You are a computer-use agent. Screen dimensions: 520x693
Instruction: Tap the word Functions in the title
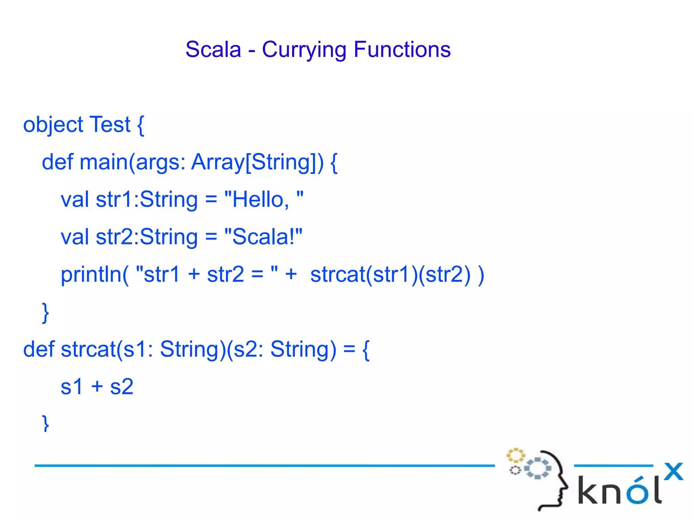(402, 49)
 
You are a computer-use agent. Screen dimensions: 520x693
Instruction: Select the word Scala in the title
(213, 49)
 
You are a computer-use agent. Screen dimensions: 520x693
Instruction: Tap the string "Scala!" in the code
(263, 237)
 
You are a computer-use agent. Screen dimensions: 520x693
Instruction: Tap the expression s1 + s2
(97, 387)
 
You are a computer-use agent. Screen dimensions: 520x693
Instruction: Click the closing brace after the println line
(45, 312)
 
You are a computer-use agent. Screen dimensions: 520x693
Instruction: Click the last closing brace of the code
(45, 423)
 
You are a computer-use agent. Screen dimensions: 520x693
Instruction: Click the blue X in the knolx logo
(673, 472)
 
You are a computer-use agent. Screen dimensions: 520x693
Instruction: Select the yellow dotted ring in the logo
(515, 456)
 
